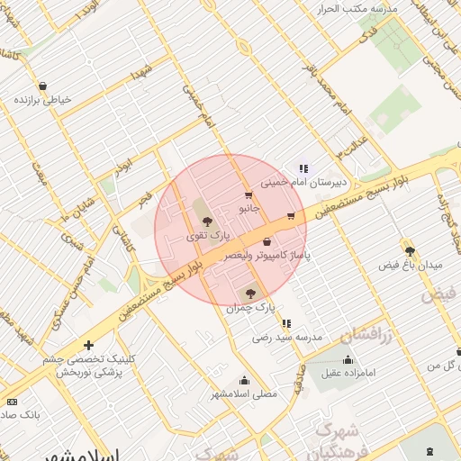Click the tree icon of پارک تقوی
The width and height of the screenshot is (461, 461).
pyautogui.click(x=208, y=221)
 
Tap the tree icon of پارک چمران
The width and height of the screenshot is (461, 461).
pyautogui.click(x=250, y=293)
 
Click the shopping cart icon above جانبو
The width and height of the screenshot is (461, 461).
pyautogui.click(x=249, y=194)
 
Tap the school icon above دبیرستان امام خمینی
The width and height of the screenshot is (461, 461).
pyautogui.click(x=303, y=167)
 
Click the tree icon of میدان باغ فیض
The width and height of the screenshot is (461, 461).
pyautogui.click(x=411, y=251)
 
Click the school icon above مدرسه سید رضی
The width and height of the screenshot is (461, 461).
pyautogui.click(x=286, y=323)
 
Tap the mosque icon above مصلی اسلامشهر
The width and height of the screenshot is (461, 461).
pyautogui.click(x=244, y=380)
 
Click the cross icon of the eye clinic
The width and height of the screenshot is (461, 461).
pyautogui.click(x=88, y=345)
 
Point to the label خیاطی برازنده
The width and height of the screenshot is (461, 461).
pyautogui.click(x=64, y=100)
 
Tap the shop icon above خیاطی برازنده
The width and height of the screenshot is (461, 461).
pyautogui.click(x=43, y=86)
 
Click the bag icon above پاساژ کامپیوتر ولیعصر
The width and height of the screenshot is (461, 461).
pyautogui.click(x=267, y=241)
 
